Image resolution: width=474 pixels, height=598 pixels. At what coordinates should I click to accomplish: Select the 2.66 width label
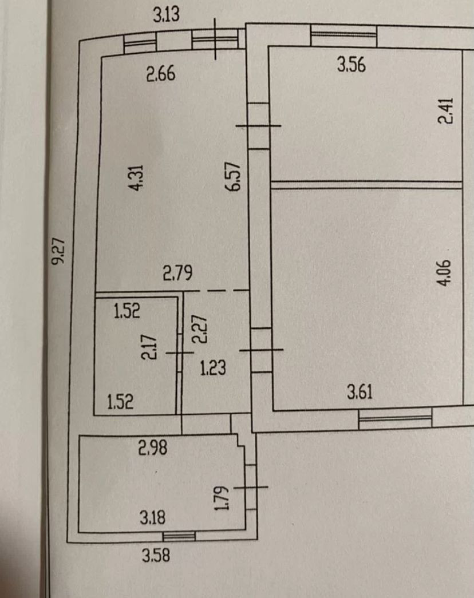(x=160, y=74)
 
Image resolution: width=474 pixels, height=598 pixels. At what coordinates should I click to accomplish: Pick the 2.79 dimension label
(x=177, y=274)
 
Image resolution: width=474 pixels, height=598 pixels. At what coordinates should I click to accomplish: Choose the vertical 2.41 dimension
(x=446, y=112)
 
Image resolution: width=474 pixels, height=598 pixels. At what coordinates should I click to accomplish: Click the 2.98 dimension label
(x=153, y=448)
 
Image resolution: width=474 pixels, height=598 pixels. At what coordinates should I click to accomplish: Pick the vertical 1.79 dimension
(x=222, y=499)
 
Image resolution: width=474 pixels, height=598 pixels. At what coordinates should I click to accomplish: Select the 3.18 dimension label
(x=153, y=518)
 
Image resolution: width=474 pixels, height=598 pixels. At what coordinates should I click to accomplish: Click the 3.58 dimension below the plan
(x=157, y=555)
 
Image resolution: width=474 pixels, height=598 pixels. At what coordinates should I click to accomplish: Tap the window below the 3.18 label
(x=178, y=536)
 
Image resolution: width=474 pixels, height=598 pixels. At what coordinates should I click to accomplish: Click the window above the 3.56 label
(x=343, y=38)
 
